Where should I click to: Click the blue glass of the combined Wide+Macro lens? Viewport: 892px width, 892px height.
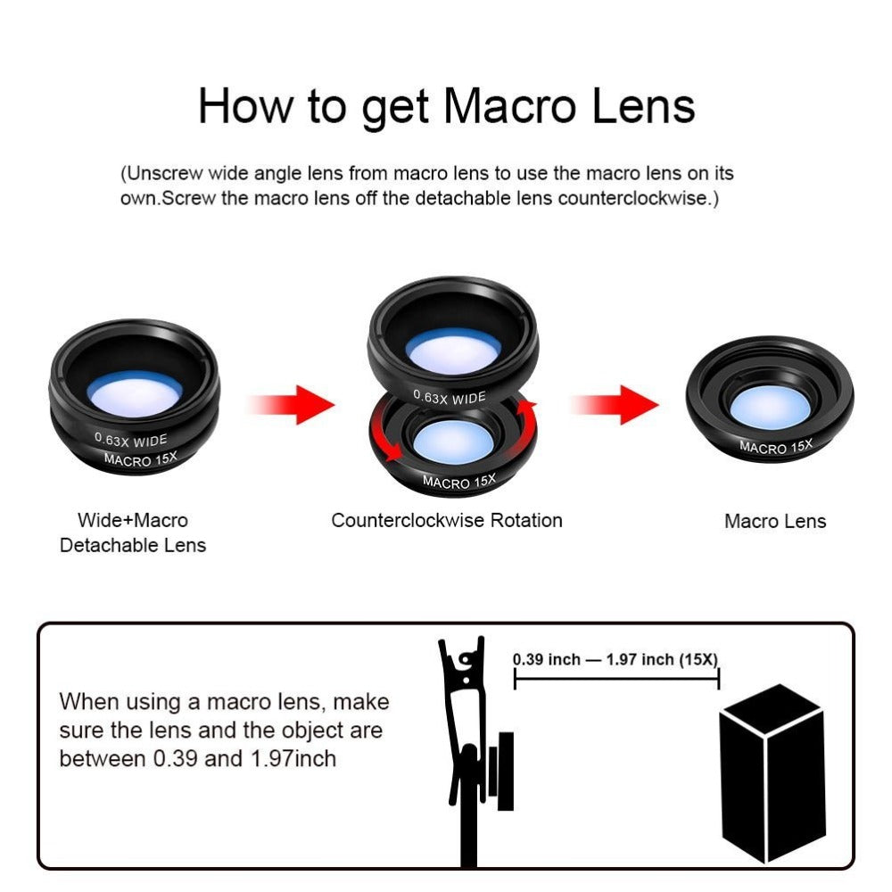pyautogui.click(x=136, y=393)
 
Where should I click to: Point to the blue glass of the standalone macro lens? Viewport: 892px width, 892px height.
pyautogui.click(x=770, y=407)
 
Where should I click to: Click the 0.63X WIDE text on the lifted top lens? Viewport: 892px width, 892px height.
pyautogui.click(x=450, y=397)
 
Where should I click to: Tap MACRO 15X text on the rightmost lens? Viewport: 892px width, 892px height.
pyautogui.click(x=776, y=447)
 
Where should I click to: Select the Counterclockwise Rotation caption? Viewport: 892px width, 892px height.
pyautogui.click(x=447, y=520)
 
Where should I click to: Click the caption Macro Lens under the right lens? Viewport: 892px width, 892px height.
pyautogui.click(x=774, y=522)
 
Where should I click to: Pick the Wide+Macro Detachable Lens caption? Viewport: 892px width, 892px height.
pyautogui.click(x=133, y=533)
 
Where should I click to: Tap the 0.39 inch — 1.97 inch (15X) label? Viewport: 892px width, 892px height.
pyautogui.click(x=615, y=660)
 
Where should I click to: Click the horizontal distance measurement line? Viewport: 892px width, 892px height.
pyautogui.click(x=615, y=680)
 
